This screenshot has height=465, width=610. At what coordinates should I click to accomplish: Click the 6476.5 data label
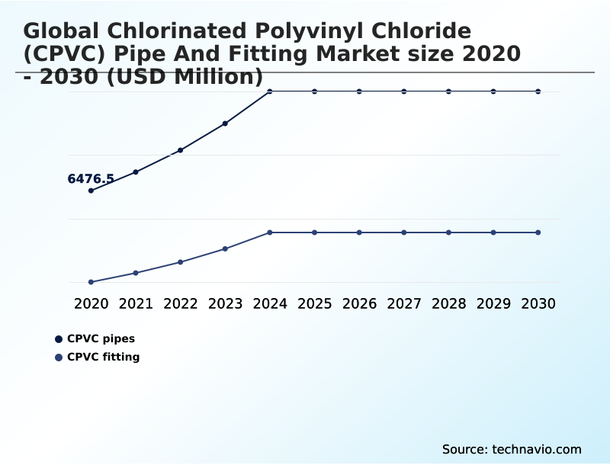pos(91,179)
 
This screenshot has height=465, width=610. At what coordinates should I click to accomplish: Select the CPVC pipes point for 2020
pos(91,191)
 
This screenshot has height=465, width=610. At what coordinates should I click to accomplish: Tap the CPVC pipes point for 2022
pos(181,150)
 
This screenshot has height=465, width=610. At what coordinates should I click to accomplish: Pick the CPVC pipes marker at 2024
pos(270,91)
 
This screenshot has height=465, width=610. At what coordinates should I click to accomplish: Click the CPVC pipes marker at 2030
pos(538,91)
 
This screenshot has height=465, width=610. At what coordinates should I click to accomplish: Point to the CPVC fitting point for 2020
pos(91,282)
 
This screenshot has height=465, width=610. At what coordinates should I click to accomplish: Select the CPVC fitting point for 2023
pos(225,249)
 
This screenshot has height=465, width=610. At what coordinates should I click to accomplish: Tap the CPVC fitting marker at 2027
pos(404,232)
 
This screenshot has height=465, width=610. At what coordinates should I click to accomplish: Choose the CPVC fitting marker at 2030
pos(538,232)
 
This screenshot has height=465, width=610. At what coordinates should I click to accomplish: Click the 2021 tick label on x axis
pos(136,303)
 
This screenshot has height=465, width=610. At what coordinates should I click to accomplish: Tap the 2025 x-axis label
pos(314,303)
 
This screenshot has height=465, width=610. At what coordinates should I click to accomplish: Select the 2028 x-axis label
pos(448,303)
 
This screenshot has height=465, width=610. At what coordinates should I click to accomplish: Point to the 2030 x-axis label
pos(538,303)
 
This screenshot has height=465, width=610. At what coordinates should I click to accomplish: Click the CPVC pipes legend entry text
pos(101,339)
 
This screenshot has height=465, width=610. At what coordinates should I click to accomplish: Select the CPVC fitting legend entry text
pos(103,357)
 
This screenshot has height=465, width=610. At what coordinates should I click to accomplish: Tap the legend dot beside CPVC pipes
pos(59,339)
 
